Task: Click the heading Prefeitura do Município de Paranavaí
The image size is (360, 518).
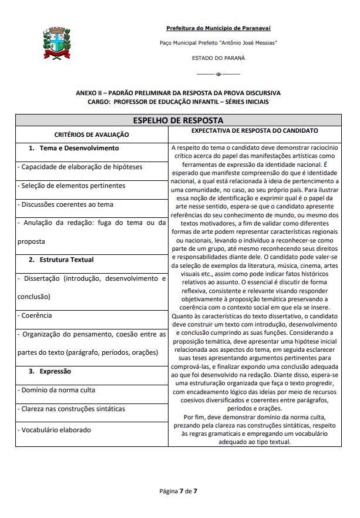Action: coord(218,28)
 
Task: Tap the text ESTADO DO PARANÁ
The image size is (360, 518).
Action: coord(218,58)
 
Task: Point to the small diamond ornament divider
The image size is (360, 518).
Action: coord(218,74)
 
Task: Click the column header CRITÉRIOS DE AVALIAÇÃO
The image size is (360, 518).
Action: coord(92,134)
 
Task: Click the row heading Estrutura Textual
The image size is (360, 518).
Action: coord(66,260)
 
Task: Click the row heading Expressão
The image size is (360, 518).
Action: coord(55,371)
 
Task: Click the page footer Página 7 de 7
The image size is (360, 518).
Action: coord(180,490)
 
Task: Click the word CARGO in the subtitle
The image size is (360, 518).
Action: coord(97,102)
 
